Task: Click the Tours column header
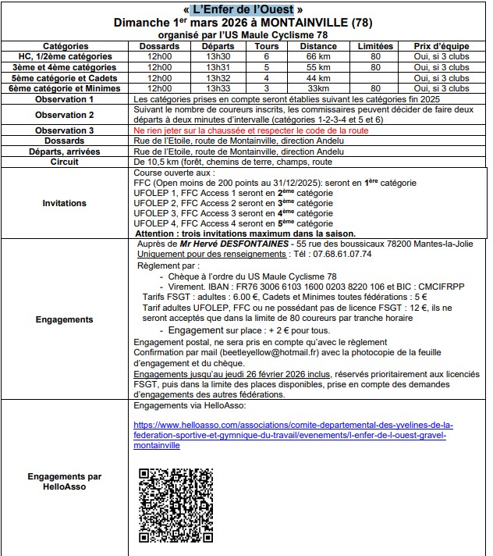[267, 46]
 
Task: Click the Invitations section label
[66, 203]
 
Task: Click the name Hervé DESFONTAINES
[227, 244]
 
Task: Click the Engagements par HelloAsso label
[66, 482]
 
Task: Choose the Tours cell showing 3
[267, 89]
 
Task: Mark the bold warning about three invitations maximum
[246, 233]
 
